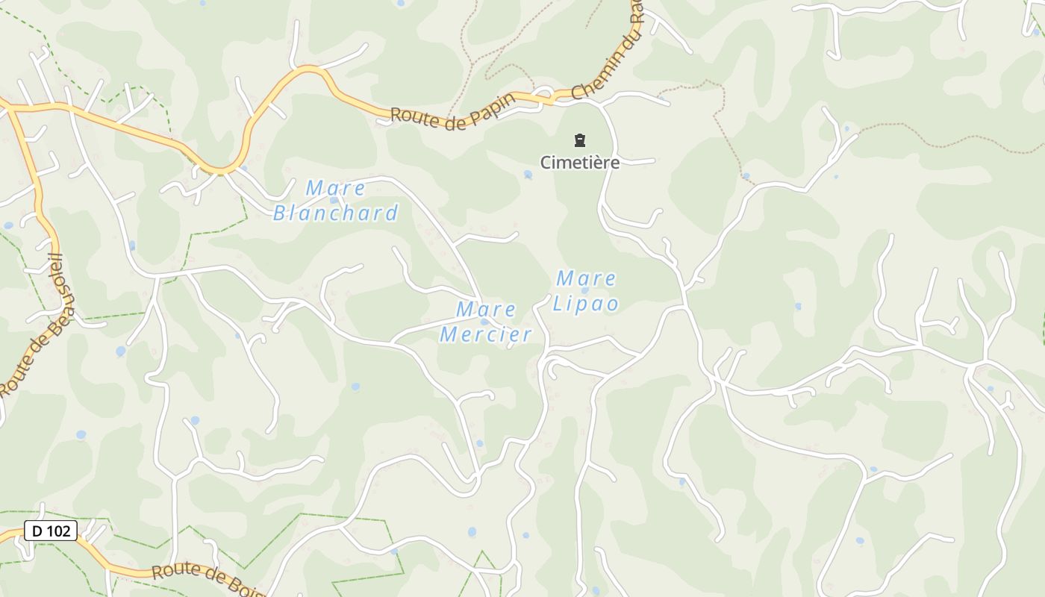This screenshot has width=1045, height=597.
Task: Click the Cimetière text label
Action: [580, 162]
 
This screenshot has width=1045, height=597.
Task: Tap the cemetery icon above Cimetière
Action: [579, 140]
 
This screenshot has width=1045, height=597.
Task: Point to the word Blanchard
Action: [335, 213]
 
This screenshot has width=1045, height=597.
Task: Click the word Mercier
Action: [486, 334]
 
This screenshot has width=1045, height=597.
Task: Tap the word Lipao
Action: [586, 304]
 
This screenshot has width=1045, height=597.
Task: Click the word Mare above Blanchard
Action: [335, 188]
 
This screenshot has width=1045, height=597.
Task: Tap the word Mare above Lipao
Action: [586, 278]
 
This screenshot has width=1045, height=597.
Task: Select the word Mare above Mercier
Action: [486, 308]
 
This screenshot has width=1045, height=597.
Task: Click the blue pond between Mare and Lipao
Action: [584, 291]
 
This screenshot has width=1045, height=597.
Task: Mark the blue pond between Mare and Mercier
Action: [484, 322]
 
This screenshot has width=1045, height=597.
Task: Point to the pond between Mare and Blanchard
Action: [334, 201]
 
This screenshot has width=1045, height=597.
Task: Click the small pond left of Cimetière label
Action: [528, 175]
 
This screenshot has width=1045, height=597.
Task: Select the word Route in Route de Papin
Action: [413, 116]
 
